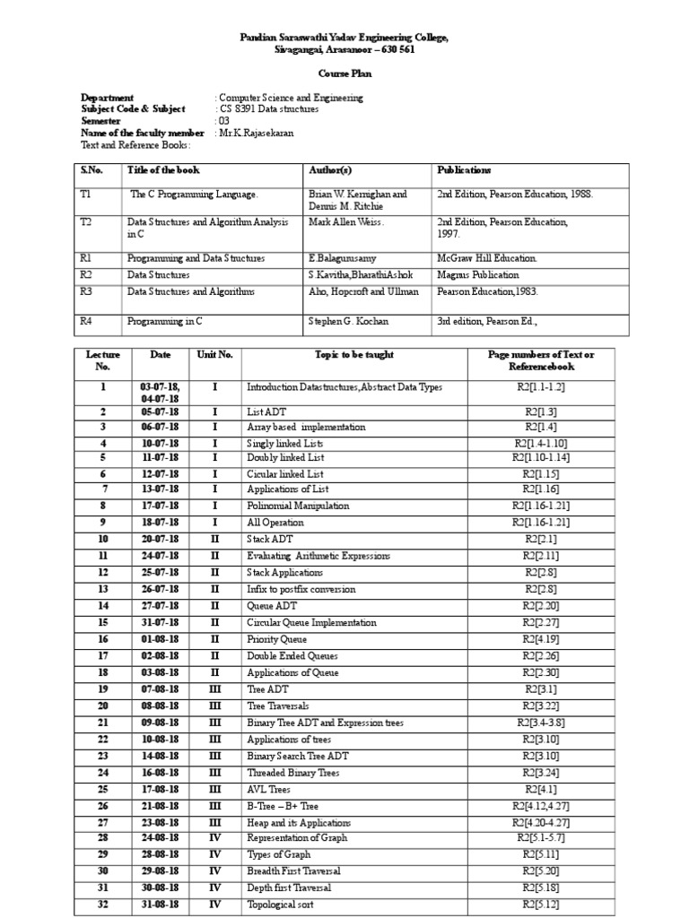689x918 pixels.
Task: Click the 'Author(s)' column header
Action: [x=330, y=170]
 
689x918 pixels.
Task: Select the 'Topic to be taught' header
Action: [x=353, y=355]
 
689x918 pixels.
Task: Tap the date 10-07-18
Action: [x=163, y=443]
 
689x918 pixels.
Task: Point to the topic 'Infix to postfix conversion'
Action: [x=301, y=590]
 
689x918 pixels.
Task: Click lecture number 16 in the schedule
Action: [x=103, y=639]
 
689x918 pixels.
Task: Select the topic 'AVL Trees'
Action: [x=270, y=789]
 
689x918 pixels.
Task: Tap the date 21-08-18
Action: [x=163, y=805]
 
